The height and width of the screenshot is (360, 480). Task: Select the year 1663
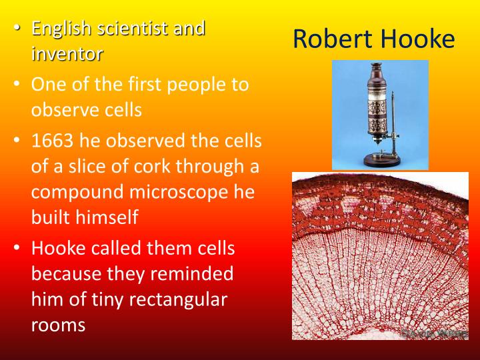tap(54, 141)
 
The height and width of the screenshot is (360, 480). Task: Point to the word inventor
tap(67, 53)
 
